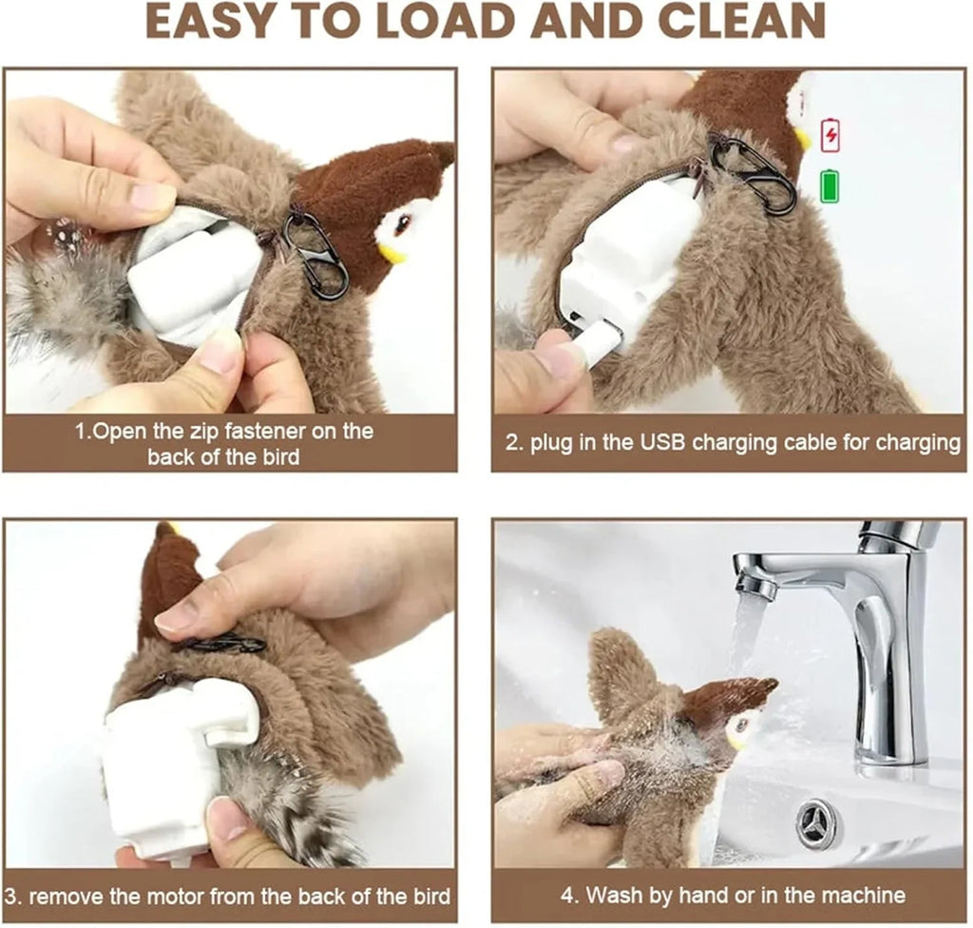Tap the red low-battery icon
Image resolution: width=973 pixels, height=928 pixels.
[x=830, y=135]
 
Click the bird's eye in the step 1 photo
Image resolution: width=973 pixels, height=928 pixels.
[x=403, y=224]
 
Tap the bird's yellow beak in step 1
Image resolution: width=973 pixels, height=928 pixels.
[x=391, y=253]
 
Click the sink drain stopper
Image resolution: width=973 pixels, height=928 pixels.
[x=818, y=819]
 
